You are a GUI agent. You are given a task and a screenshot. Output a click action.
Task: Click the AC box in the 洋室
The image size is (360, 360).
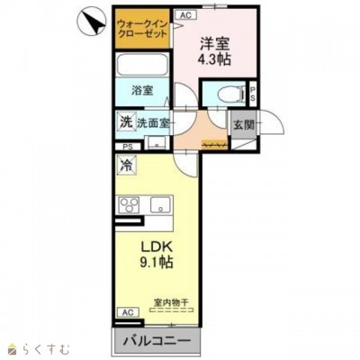(185, 14)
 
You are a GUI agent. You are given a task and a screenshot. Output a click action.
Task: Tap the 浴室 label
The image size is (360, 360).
(142, 90)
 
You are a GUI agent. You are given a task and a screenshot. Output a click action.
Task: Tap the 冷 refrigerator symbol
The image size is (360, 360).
(126, 166)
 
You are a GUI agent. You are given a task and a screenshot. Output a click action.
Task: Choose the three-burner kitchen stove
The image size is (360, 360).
(128, 204)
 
